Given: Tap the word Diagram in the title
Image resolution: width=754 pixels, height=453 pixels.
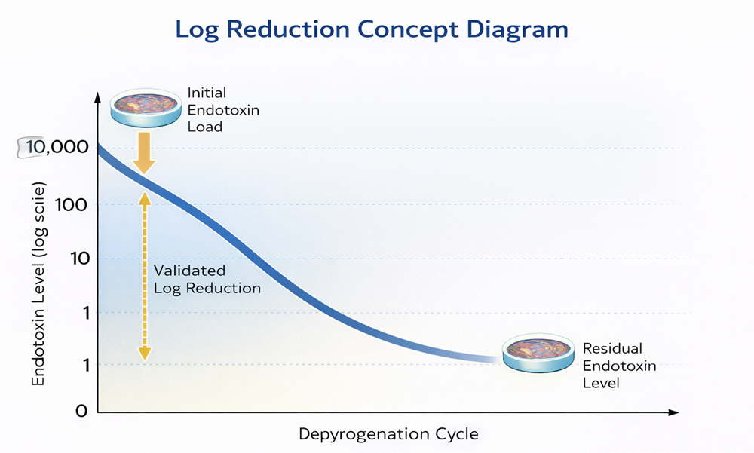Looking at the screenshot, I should point(520,29).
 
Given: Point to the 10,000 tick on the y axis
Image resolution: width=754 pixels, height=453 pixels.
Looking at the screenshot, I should point(57,147).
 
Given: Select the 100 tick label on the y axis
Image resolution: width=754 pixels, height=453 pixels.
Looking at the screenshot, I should point(72,205).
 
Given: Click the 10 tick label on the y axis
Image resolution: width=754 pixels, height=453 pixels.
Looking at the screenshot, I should point(78,259).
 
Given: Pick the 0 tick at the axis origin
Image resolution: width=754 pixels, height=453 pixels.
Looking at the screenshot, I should point(82,412).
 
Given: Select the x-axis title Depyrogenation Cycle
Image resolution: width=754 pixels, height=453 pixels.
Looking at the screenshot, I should point(388,434).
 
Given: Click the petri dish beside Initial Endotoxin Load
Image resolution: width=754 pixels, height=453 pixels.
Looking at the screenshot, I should point(146,107).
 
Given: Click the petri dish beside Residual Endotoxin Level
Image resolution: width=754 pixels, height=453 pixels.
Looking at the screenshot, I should point(538,352).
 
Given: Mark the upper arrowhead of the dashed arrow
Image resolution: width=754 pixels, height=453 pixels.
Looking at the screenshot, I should point(145,197).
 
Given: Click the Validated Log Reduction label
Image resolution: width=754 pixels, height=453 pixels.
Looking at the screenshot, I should point(207,279).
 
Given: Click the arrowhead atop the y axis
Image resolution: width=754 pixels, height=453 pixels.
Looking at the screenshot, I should point(97,97).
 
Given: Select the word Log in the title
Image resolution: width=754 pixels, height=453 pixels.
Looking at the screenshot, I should point(198,29).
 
